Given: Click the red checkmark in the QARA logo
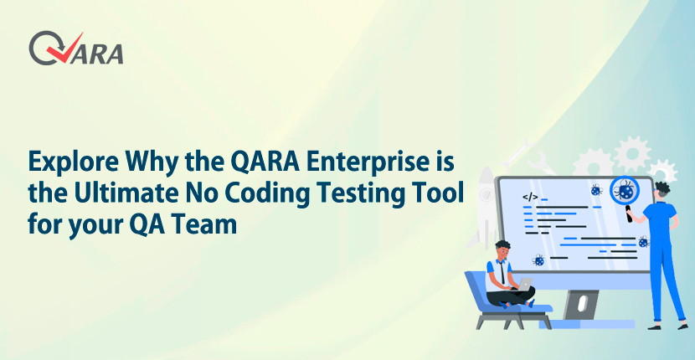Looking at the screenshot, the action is tap(65, 49).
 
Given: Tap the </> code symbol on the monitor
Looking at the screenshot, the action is tap(530, 198).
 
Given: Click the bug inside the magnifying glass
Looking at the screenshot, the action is tap(625, 191).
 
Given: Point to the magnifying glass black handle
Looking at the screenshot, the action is tap(629, 214).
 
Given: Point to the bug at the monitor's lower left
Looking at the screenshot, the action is tap(538, 260).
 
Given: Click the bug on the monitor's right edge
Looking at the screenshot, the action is tap(643, 242).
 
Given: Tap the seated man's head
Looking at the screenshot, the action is tap(502, 249).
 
